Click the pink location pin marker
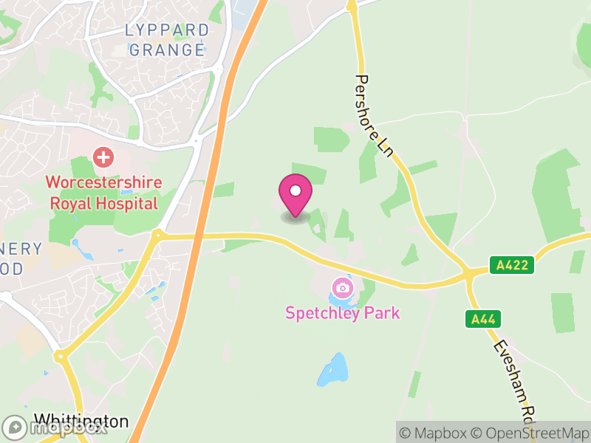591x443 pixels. tap(295, 193)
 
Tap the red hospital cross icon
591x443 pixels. tap(103, 157)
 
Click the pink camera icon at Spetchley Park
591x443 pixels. tap(342, 287)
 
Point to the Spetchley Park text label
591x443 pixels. tap(342, 312)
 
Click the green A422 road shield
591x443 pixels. tap(510, 265)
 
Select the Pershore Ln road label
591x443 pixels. tap(374, 114)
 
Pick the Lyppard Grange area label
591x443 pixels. tap(166, 40)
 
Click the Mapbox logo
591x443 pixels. tap(55, 427)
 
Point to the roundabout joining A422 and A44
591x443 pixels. tap(469, 275)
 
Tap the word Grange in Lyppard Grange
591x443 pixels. tap(166, 50)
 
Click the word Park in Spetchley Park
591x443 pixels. tap(381, 312)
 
